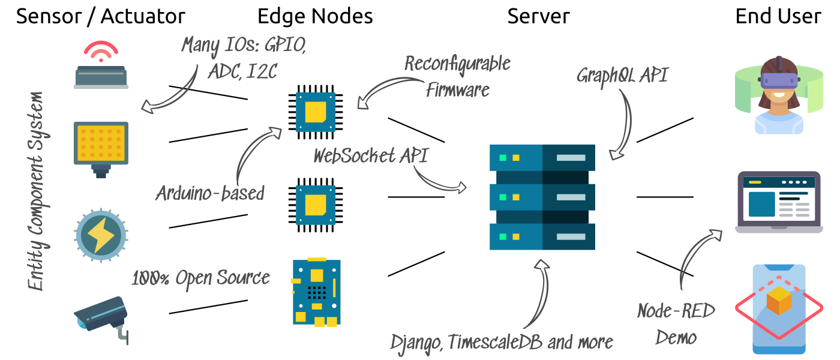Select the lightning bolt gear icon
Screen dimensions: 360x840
[x=101, y=236]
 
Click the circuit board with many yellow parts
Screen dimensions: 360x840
[x=316, y=292]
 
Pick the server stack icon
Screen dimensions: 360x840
[x=542, y=197]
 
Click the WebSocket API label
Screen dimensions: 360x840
[x=370, y=156]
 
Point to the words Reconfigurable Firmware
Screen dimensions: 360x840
[x=457, y=76]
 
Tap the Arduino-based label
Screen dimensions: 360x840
[x=210, y=193]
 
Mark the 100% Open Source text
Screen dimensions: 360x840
[x=200, y=278]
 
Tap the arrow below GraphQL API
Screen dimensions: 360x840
[x=624, y=126]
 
